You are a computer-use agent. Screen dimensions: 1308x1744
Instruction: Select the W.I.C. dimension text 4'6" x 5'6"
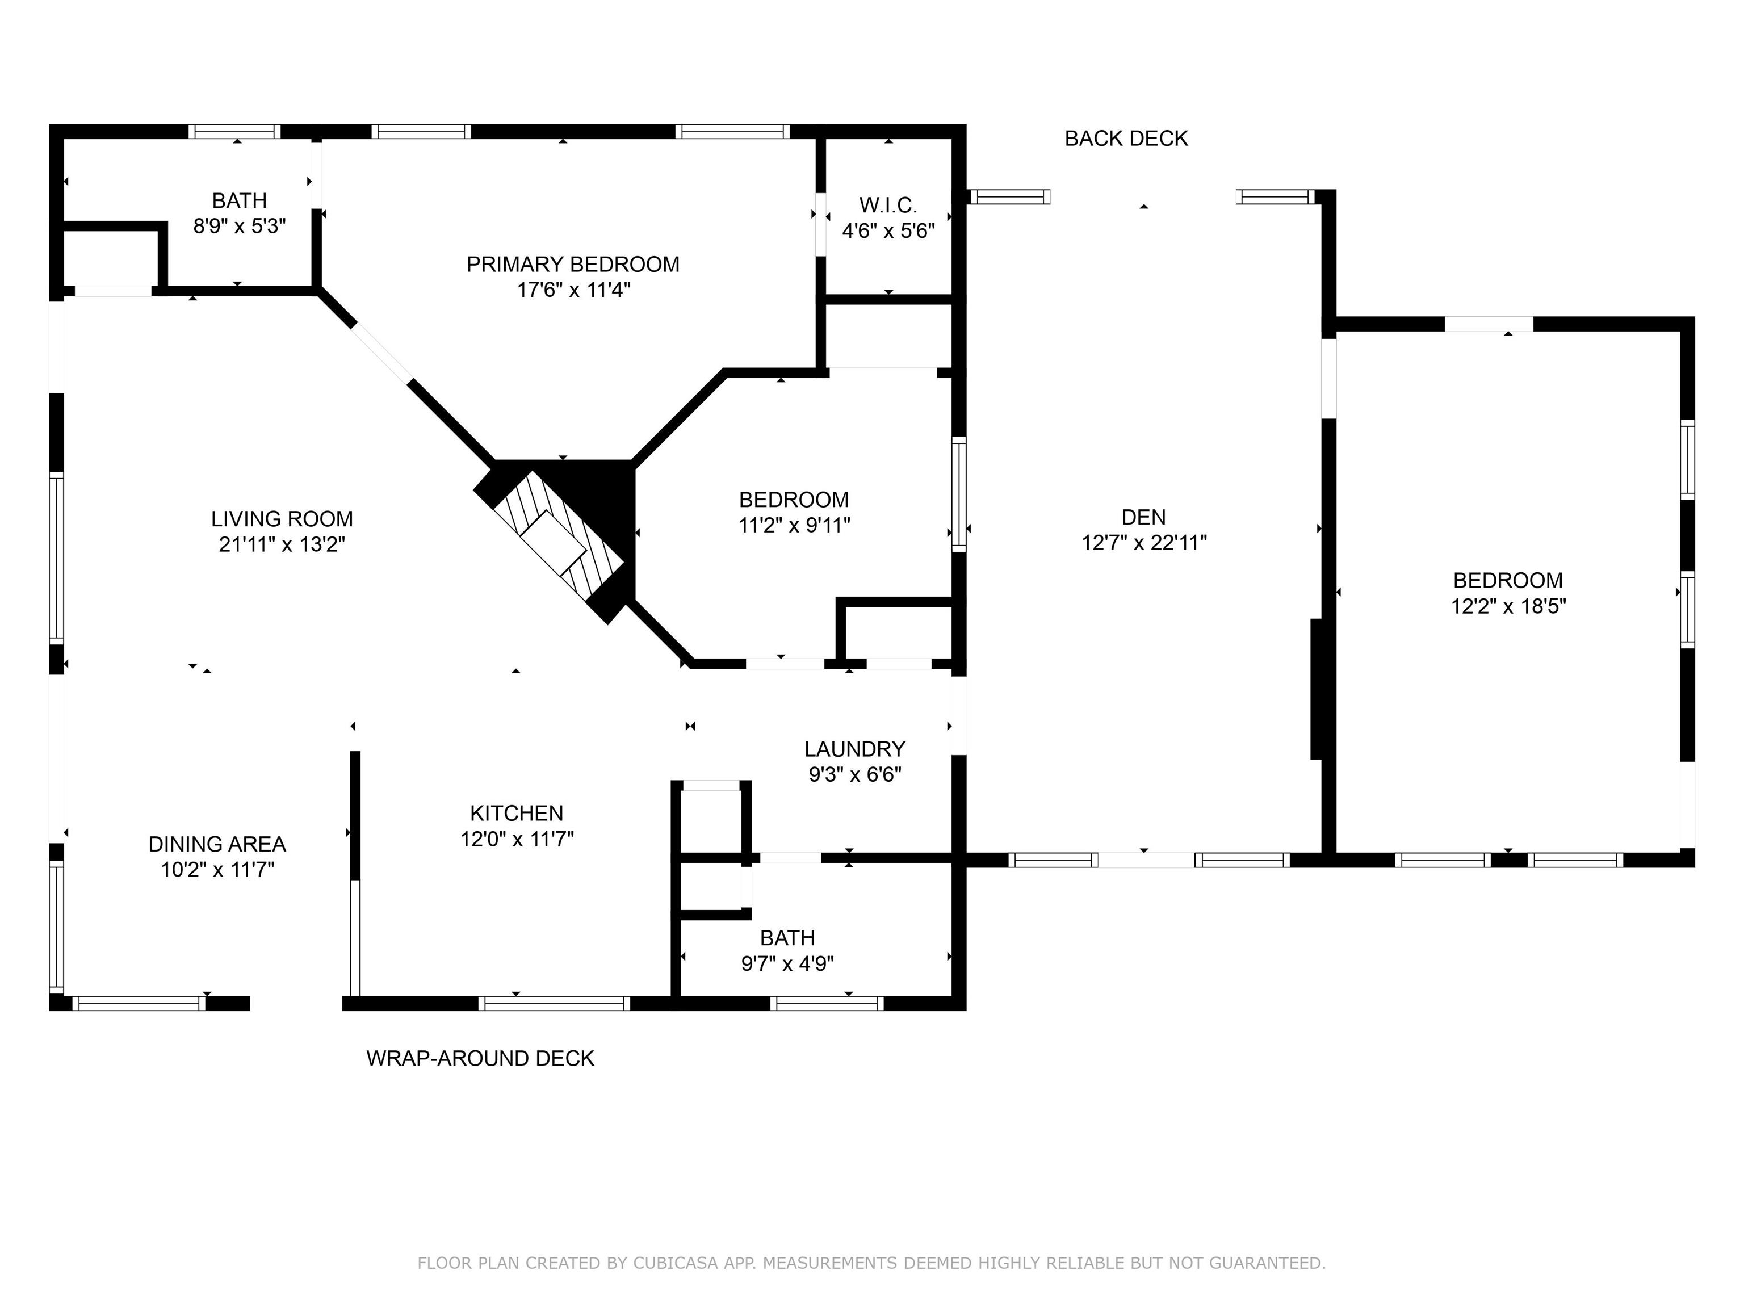pyautogui.click(x=888, y=231)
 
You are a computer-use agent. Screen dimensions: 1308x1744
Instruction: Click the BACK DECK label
pyautogui.click(x=1125, y=139)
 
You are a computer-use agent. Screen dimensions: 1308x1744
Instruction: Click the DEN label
pyautogui.click(x=1143, y=517)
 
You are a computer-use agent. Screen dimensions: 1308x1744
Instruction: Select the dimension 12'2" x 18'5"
pyautogui.click(x=1507, y=606)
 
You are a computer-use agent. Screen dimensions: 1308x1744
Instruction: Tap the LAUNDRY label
pyautogui.click(x=854, y=749)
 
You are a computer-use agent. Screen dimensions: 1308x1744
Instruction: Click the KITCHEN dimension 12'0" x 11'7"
pyautogui.click(x=517, y=839)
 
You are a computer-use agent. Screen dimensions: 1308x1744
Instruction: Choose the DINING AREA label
pyautogui.click(x=217, y=844)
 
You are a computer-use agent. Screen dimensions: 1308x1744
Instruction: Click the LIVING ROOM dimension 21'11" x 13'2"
pyautogui.click(x=282, y=544)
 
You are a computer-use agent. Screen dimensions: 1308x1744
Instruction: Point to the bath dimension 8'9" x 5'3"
pyautogui.click(x=239, y=227)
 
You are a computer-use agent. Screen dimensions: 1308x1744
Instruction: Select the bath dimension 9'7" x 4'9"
pyautogui.click(x=787, y=963)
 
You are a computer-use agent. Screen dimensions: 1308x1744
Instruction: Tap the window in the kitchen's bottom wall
pyautogui.click(x=554, y=1003)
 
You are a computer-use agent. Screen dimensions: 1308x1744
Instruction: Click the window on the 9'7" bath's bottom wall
pyautogui.click(x=825, y=1003)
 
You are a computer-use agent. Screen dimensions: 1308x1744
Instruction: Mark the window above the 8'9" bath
pyautogui.click(x=234, y=132)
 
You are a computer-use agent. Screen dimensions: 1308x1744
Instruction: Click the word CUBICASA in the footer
pyautogui.click(x=675, y=1263)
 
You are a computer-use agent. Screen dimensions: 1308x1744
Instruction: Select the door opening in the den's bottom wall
pyautogui.click(x=1145, y=860)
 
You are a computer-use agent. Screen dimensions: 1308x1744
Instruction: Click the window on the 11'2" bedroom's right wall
pyautogui.click(x=959, y=494)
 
